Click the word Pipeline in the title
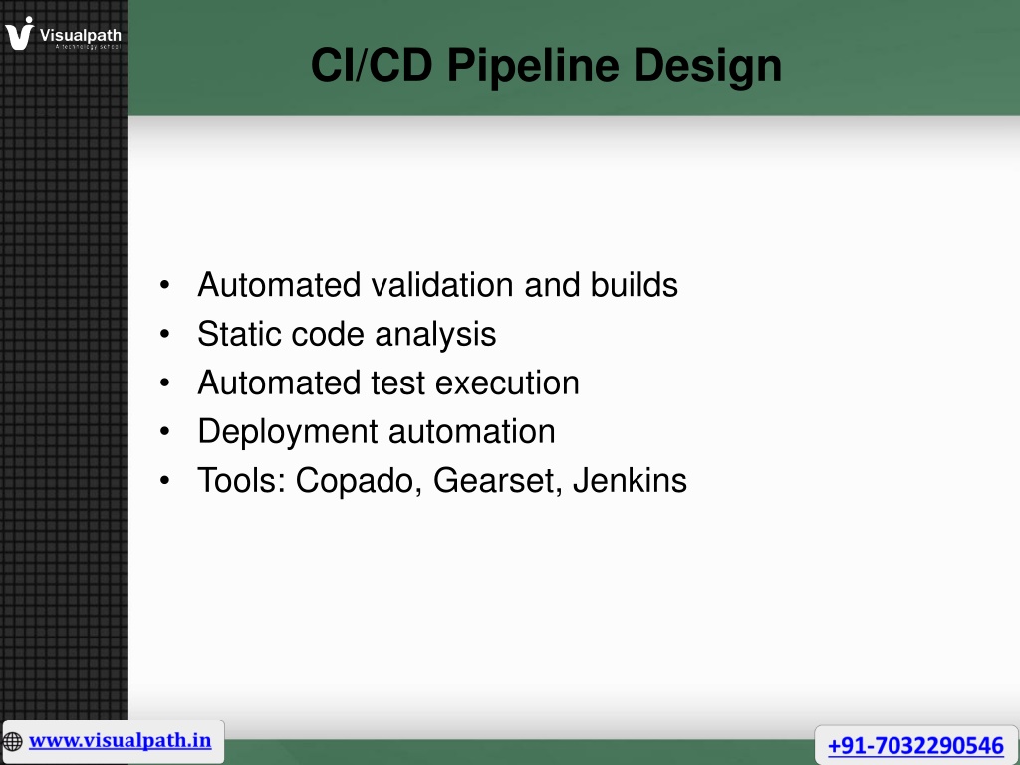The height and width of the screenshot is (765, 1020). [x=533, y=67]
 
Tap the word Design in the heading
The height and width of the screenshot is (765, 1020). [x=707, y=67]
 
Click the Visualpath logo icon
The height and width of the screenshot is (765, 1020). [x=20, y=33]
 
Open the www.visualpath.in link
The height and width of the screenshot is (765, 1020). [x=120, y=740]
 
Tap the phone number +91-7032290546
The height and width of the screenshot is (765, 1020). [x=915, y=745]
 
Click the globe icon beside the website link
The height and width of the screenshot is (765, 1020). [x=12, y=741]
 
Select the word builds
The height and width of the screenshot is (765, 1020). [x=635, y=284]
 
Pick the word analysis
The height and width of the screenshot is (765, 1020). [x=435, y=335]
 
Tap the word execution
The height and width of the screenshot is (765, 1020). [x=507, y=382]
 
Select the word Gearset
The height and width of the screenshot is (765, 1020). [x=498, y=481]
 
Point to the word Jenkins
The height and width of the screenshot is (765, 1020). [x=630, y=481]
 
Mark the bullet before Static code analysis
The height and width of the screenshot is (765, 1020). [x=164, y=334]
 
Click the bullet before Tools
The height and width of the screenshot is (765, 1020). [x=164, y=481]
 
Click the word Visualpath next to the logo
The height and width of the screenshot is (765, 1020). [x=81, y=35]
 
